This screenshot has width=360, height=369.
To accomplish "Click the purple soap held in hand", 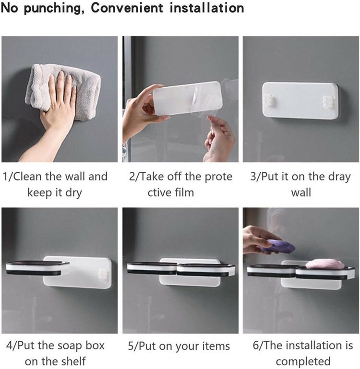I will coord(277,247).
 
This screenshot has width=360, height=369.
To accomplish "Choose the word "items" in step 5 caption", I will coord(215,346).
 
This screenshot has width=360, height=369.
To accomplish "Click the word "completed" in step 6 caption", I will coord(303,361).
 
